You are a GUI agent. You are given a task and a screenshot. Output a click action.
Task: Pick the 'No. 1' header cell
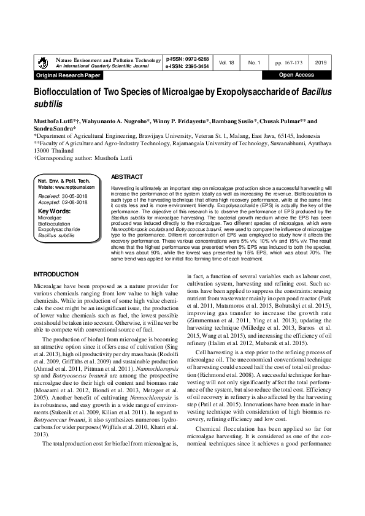(x=255, y=63)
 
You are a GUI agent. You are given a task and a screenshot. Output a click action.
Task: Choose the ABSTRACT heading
(x=127, y=176)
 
